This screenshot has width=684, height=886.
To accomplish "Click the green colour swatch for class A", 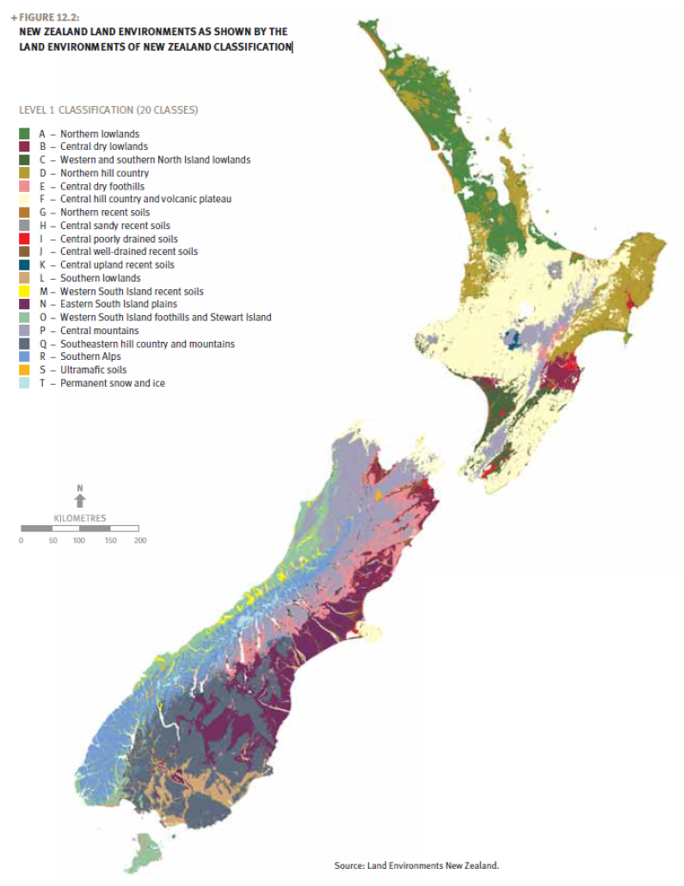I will click(25, 134).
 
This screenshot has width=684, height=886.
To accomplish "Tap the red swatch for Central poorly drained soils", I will click(25, 239).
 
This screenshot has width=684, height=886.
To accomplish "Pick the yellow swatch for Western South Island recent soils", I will click(25, 291).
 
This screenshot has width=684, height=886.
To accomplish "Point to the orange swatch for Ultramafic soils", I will click(25, 370).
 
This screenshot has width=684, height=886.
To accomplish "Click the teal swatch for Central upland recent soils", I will click(25, 265).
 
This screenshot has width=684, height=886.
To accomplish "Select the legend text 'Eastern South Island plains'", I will click(118, 304).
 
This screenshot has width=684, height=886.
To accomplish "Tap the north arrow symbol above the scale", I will click(80, 499).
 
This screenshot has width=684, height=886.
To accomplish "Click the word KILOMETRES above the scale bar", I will click(80, 517).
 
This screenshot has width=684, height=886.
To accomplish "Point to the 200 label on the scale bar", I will click(140, 541).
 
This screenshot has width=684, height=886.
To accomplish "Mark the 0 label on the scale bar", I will click(21, 541).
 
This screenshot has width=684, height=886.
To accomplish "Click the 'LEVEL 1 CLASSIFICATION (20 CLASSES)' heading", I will click(108, 110).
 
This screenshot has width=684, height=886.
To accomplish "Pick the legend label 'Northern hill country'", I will click(104, 173).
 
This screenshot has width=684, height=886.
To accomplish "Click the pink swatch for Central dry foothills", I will click(25, 186).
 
